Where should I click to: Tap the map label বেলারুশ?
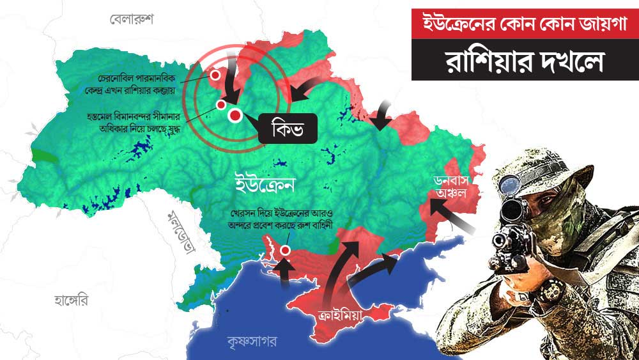pyautogui.click(x=132, y=19)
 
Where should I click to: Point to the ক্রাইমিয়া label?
pyautogui.click(x=345, y=314)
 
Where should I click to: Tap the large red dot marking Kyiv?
pyautogui.click(x=235, y=116)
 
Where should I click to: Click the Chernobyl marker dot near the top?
pyautogui.click(x=216, y=75)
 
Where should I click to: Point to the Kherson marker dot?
pyautogui.click(x=285, y=250)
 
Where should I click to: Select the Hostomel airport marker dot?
pyautogui.click(x=221, y=104)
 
